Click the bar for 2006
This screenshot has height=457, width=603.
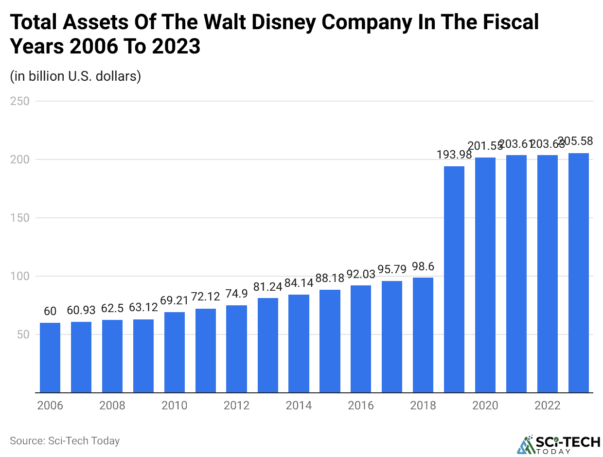click(x=50, y=357)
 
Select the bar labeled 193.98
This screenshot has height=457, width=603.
click(x=454, y=279)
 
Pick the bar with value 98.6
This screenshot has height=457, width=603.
click(x=423, y=335)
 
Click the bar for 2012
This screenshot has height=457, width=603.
click(x=236, y=349)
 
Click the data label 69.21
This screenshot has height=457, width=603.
click(x=175, y=300)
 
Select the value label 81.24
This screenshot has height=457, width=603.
click(x=268, y=286)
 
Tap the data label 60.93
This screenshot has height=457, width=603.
click(x=81, y=310)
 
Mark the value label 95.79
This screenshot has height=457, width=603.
click(x=392, y=269)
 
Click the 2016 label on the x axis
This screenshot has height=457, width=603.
click(x=361, y=405)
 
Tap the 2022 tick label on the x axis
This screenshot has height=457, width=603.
click(x=548, y=405)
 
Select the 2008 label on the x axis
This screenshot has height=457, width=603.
click(x=112, y=405)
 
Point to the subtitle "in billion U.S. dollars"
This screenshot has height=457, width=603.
click(x=75, y=76)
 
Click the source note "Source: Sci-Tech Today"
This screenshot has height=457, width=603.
click(x=65, y=441)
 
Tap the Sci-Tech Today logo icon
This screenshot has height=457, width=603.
click(x=525, y=444)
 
